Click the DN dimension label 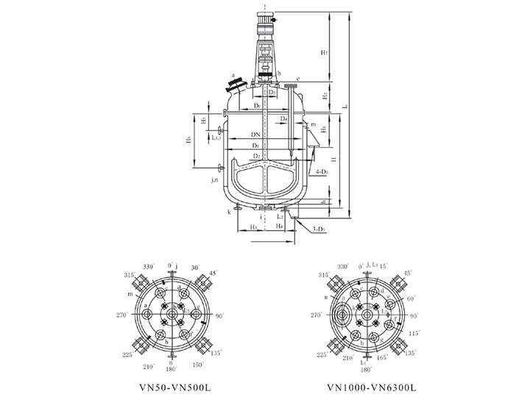254,136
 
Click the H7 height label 325,53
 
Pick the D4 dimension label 283,118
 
